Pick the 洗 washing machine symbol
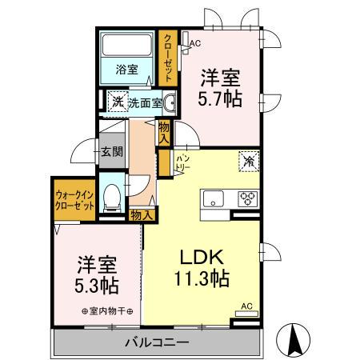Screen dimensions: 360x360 [117, 102]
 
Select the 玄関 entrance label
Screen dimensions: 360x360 [111, 151]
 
